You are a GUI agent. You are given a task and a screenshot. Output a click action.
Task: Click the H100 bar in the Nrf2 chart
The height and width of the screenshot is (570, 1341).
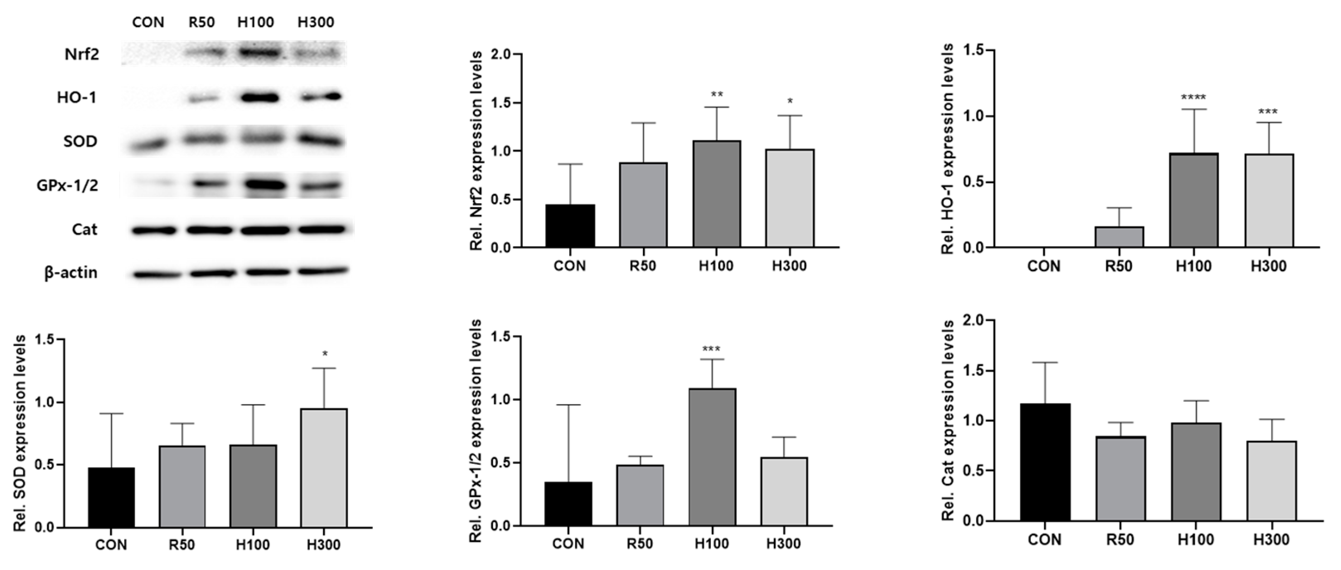click(x=716, y=194)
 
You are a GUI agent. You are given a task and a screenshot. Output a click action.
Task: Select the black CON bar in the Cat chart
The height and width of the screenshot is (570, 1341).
click(x=1045, y=462)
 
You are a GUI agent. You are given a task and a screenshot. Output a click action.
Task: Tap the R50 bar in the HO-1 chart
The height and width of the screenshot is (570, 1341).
click(x=1119, y=237)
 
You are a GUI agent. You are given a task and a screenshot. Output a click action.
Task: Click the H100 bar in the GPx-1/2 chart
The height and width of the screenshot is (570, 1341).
click(x=712, y=457)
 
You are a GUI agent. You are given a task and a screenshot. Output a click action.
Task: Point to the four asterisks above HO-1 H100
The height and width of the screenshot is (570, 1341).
click(x=1193, y=97)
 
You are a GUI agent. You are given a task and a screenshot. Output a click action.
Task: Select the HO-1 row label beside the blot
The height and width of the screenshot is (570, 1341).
click(x=77, y=97)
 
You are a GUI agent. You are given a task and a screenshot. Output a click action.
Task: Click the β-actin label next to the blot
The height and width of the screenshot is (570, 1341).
click(x=71, y=272)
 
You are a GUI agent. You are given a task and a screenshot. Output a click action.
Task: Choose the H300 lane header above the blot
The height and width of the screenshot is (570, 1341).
click(x=315, y=22)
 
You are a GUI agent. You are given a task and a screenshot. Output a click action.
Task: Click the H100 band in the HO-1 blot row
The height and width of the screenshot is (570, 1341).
click(x=259, y=97)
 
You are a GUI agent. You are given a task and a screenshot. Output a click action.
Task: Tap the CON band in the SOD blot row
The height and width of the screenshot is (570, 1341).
click(x=148, y=145)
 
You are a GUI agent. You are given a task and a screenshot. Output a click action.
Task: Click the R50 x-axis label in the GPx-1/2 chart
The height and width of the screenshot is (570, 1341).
click(x=639, y=543)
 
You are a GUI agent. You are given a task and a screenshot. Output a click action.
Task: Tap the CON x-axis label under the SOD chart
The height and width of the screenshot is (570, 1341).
click(x=111, y=545)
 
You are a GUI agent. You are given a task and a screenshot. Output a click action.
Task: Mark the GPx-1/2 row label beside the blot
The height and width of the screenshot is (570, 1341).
click(x=67, y=185)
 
